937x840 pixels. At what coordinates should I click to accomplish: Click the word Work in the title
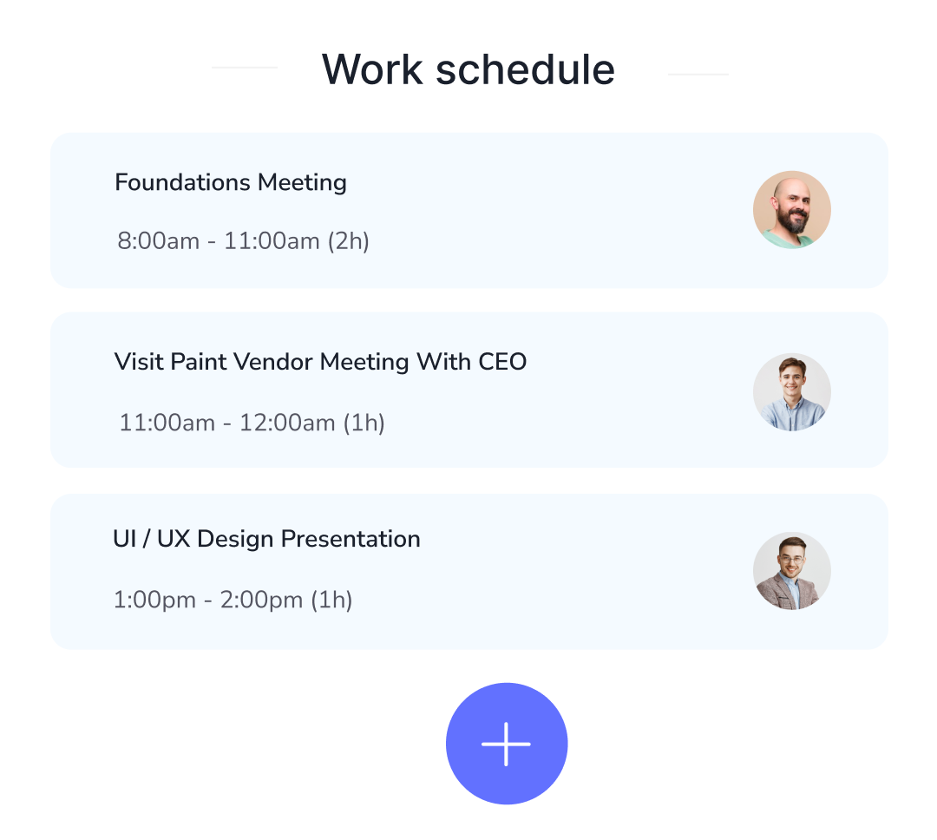pos(372,69)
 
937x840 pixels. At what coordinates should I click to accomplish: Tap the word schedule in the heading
pos(525,69)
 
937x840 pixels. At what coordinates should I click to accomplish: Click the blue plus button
pos(507,744)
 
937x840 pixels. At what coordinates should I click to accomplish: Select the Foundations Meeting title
pos(231,183)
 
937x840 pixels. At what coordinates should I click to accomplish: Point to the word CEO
pos(502,362)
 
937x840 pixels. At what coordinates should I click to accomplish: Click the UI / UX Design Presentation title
pos(266,539)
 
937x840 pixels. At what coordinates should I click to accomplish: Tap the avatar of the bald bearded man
pos(791,210)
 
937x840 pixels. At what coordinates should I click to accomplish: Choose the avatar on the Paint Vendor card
pos(791,391)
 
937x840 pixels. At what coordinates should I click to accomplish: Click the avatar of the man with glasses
pos(791,571)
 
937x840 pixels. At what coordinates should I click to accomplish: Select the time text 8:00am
pos(158,241)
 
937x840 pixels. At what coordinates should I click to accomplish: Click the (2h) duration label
pos(348,241)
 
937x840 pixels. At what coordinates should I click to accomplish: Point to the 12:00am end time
pos(287,423)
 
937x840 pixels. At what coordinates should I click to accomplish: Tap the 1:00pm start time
pos(154,600)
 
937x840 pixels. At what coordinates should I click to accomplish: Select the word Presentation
pos(351,539)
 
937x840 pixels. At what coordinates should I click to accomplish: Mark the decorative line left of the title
pos(245,67)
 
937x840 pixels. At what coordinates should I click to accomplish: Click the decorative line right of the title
pos(698,75)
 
